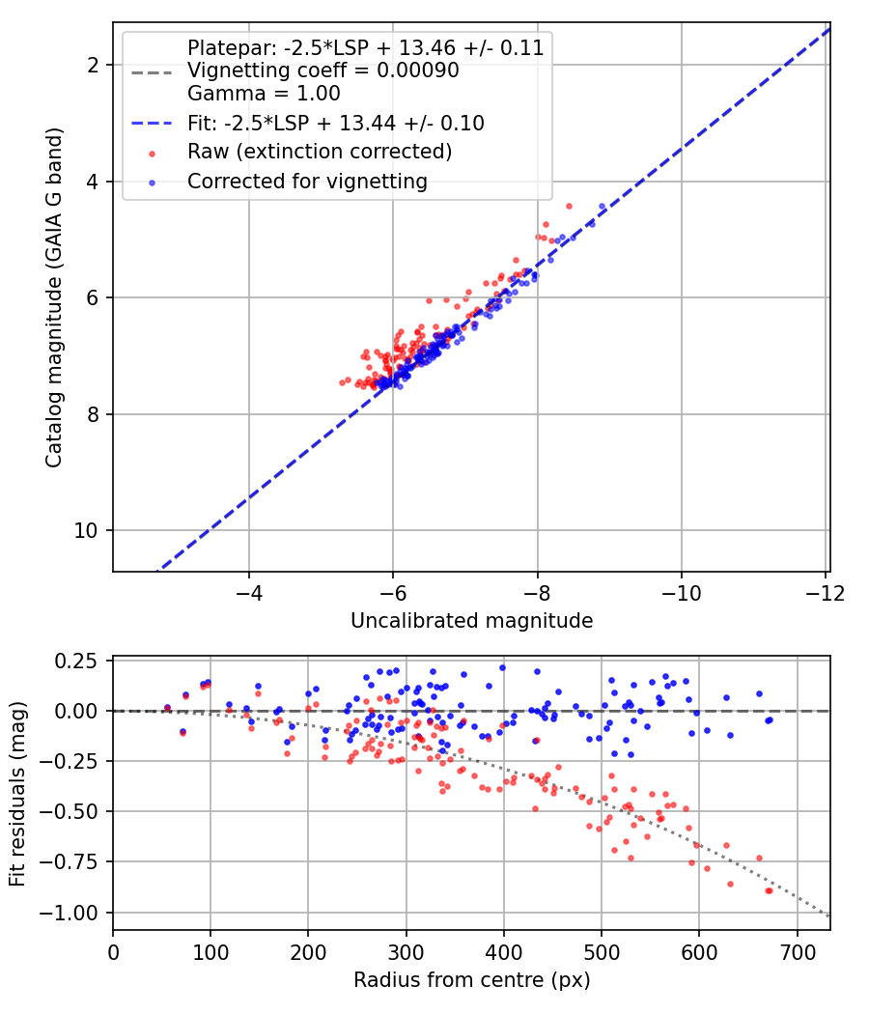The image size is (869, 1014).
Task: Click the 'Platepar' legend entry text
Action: coord(365,48)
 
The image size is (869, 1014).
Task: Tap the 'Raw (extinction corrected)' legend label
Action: coord(320,152)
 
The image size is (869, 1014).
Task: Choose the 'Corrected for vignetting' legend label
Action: coord(307,182)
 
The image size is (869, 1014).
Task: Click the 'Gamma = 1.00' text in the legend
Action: coord(264,93)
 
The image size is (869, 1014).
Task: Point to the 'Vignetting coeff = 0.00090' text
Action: coord(323,70)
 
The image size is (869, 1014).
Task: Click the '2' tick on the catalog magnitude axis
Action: coord(94,66)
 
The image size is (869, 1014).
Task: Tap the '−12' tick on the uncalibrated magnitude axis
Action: coord(825,593)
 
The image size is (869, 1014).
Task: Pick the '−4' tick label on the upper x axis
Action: coord(249,593)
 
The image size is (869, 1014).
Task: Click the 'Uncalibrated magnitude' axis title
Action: coord(471,621)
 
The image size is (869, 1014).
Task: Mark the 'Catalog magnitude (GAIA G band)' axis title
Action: coord(54,297)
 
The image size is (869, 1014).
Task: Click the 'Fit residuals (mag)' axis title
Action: coord(17,794)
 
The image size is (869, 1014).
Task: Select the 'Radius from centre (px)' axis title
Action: coord(471,980)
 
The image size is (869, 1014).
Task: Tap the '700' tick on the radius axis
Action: coord(798,953)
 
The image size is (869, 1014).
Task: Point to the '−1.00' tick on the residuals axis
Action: coord(70,914)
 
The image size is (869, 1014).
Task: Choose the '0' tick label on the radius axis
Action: coord(113,953)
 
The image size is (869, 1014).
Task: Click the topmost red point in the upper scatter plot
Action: coord(569,207)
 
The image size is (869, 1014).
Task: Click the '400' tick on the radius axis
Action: coord(504,953)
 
